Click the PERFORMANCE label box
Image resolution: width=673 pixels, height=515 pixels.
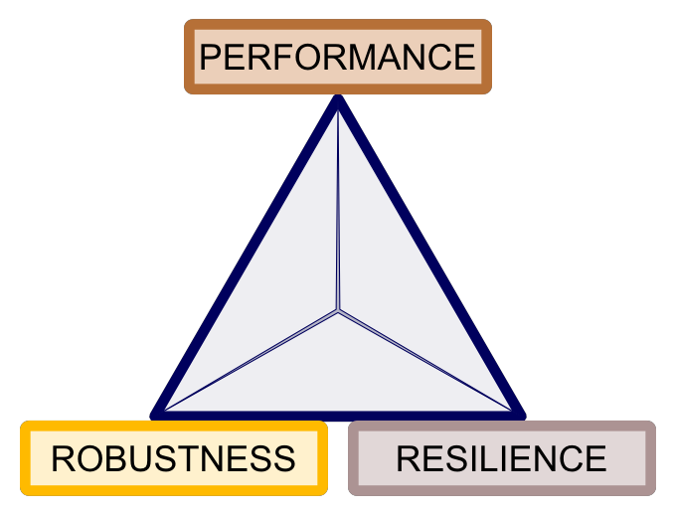click(338, 57)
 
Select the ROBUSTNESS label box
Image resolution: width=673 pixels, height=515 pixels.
click(174, 458)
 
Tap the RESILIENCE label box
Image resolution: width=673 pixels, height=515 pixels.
click(501, 458)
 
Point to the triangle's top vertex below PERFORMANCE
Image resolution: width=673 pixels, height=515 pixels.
click(338, 101)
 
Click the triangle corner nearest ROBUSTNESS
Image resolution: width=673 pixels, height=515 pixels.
click(159, 412)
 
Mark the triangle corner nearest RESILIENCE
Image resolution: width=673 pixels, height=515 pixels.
click(517, 412)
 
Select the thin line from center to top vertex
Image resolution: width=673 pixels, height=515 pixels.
click(338, 209)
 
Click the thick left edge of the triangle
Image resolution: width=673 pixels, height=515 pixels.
click(247, 257)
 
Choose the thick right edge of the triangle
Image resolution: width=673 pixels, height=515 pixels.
click(429, 257)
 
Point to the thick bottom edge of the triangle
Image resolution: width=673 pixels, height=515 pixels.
click(338, 414)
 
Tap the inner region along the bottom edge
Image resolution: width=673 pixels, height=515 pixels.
click(338, 378)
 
